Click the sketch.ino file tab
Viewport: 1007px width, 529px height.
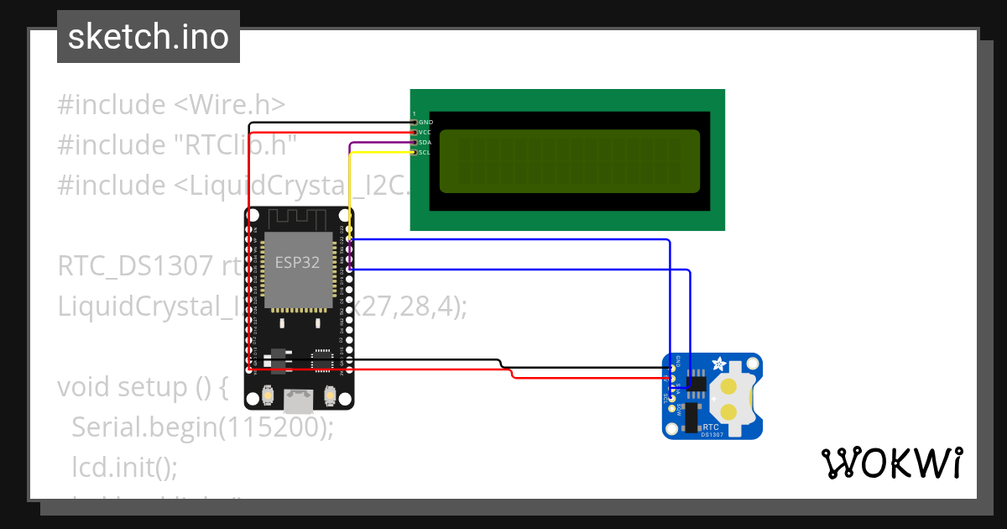[148, 37]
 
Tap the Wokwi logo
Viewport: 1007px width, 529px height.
[890, 463]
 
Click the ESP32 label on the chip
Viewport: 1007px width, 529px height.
[297, 262]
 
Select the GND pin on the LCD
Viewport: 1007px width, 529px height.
[415, 123]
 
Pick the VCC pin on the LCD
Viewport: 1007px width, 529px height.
[415, 133]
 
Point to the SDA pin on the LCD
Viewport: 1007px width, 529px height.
[415, 143]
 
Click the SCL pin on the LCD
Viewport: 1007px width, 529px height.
[415, 153]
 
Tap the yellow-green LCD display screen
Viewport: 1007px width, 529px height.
[569, 161]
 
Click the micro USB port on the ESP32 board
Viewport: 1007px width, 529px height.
[299, 401]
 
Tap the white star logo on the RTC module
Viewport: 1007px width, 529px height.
[718, 365]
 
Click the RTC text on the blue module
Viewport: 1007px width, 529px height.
[712, 427]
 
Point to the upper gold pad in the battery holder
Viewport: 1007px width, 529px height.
[729, 386]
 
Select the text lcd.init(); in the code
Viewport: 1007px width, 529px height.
[124, 466]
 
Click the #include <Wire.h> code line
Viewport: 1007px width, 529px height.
[171, 105]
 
